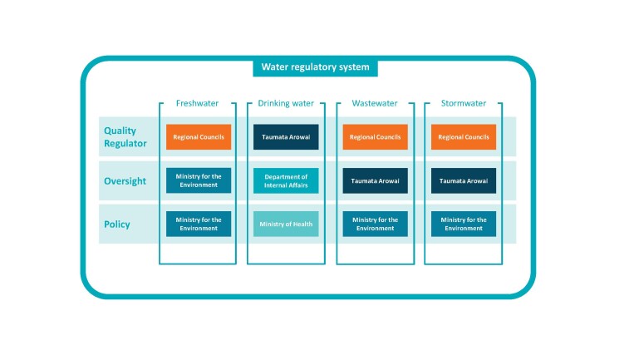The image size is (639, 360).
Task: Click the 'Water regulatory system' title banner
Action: pos(315,67)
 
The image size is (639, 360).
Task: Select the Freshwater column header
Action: pos(197,104)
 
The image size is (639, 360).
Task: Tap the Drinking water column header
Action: pos(286,104)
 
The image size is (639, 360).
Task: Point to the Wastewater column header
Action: pos(375,104)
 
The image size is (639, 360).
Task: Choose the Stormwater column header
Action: pos(463,104)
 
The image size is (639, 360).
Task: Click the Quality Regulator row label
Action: pos(125,136)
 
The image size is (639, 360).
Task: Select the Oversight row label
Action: pos(125,181)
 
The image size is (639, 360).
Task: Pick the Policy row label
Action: pos(116,224)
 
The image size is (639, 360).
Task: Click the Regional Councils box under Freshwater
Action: pos(198,137)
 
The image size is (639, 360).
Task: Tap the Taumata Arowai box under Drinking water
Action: pos(286,137)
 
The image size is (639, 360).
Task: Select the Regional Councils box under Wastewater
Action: pos(375,137)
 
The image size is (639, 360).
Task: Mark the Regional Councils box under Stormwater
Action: pos(464,137)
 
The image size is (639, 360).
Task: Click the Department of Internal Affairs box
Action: pos(286,180)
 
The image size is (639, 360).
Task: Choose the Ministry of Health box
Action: pos(286,224)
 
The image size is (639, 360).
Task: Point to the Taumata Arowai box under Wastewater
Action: pos(375,180)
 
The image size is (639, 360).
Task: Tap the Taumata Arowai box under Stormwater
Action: pos(464,180)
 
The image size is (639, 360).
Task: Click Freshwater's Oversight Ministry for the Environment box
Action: pos(198,180)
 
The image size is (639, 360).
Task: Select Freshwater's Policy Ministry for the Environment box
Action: pos(198,224)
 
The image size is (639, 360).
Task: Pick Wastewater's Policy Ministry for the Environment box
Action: pos(375,224)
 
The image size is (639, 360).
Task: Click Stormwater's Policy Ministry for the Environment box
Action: pos(464,224)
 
